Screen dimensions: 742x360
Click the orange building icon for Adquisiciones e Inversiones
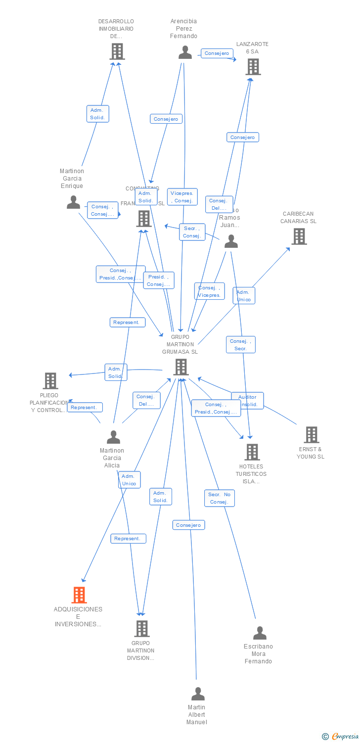[79, 595]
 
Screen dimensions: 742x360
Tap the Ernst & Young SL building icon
[311, 435]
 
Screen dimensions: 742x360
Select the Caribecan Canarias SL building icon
[299, 236]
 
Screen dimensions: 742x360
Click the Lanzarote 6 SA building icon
[253, 67]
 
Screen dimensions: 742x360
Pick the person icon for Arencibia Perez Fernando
[185, 52]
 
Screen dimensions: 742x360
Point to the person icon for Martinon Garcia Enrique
[74, 202]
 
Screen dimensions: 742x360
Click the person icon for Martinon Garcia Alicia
[113, 437]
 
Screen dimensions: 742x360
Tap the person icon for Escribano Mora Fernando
[260, 633]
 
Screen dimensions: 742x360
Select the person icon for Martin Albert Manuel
[198, 694]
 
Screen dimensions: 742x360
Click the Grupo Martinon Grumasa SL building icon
[181, 367]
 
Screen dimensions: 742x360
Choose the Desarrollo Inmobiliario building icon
[117, 51]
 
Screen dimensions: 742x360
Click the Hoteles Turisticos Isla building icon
[252, 452]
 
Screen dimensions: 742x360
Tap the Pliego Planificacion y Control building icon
[50, 381]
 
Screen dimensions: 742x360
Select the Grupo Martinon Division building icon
[142, 628]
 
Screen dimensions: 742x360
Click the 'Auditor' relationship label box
[247, 400]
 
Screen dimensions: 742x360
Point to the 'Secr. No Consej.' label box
[220, 498]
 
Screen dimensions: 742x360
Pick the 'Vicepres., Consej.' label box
[182, 197]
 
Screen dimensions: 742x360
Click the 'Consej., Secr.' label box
[241, 345]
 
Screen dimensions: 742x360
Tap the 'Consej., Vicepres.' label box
[210, 291]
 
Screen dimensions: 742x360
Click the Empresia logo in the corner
[340, 737]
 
